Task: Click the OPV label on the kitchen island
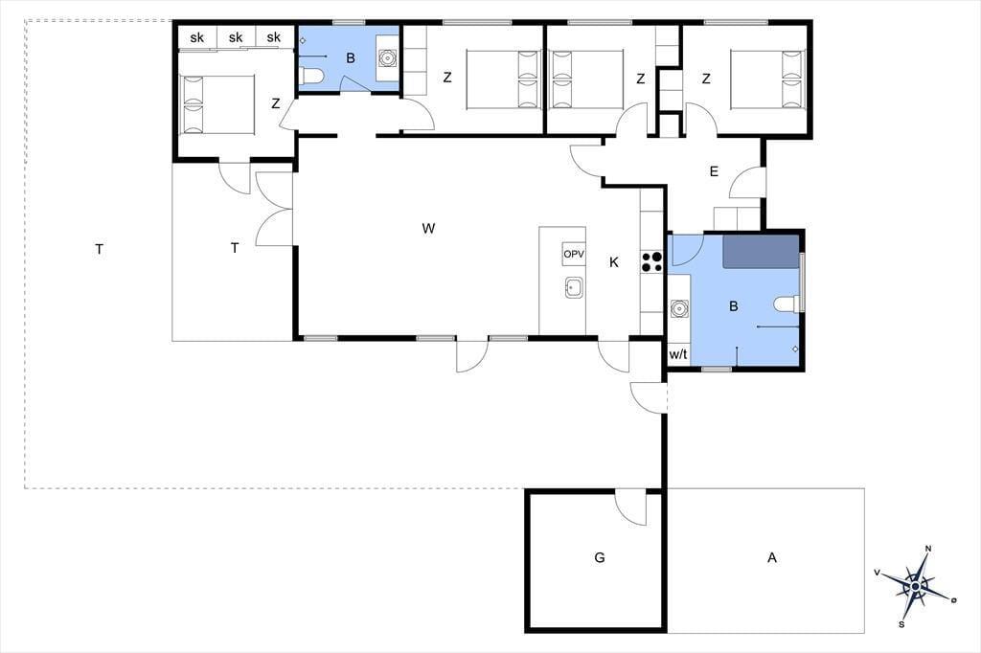[574, 254]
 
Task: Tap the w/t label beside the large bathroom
[678, 354]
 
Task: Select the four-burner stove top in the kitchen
[651, 261]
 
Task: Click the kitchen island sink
[575, 287]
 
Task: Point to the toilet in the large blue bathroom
[787, 304]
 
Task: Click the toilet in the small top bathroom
[311, 77]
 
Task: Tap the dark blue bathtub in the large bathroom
[762, 252]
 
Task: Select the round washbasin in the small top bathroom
[387, 57]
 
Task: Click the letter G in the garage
[600, 557]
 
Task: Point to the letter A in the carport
[772, 557]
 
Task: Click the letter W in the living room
[428, 228]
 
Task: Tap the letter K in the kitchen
[614, 262]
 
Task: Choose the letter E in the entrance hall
[714, 171]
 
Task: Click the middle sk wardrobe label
[236, 37]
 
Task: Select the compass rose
[915, 586]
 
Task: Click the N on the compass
[928, 550]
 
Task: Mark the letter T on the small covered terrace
[235, 248]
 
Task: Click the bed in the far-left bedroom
[217, 105]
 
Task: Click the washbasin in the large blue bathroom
[679, 308]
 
